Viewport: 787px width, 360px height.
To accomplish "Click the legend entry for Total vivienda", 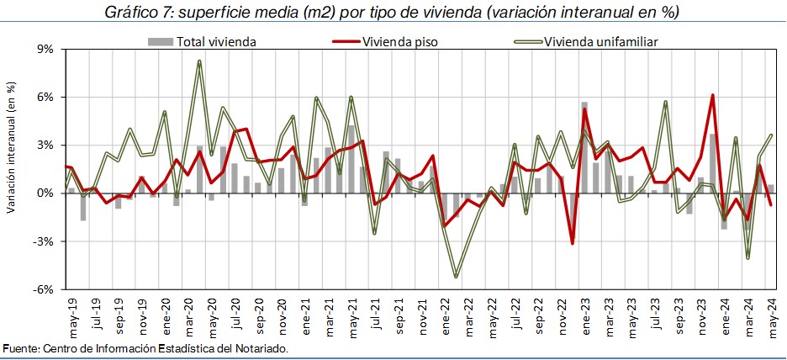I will pyautogui.click(x=215, y=41).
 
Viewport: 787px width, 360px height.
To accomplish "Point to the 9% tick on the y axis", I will pyautogui.click(x=44, y=49).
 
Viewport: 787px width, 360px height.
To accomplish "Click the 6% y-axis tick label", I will pyautogui.click(x=44, y=97).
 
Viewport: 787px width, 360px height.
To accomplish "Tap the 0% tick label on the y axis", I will pyautogui.click(x=44, y=193).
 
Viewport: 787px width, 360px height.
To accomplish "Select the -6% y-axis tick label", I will pyautogui.click(x=42, y=289).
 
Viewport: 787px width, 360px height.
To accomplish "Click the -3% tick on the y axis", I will pyautogui.click(x=42, y=241).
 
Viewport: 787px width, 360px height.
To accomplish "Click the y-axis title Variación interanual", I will pyautogui.click(x=11, y=147).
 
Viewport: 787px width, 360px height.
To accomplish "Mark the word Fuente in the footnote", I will pyautogui.click(x=20, y=348).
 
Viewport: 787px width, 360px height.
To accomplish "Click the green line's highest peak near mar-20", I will pyautogui.click(x=199, y=61).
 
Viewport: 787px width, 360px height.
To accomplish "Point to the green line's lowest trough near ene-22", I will pyautogui.click(x=456, y=276).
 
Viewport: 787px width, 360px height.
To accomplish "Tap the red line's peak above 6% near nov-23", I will pyautogui.click(x=712, y=95).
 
